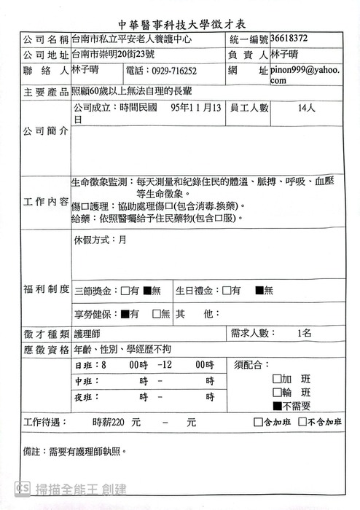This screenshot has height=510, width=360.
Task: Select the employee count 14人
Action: pos(306,108)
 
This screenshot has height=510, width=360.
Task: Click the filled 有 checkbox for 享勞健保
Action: pos(125,314)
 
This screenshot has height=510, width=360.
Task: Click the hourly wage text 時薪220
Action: pos(110,422)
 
